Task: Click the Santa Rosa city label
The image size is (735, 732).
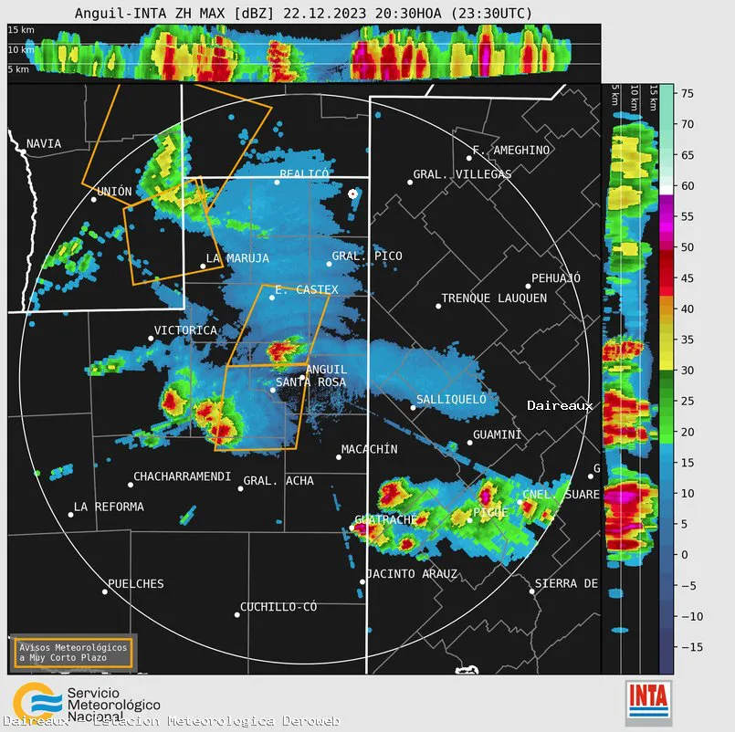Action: click(x=310, y=382)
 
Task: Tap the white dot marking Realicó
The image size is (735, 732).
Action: click(x=278, y=182)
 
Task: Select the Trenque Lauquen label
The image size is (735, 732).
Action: click(x=494, y=298)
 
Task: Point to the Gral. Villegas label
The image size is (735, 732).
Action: click(x=462, y=174)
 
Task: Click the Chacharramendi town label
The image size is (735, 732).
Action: click(x=182, y=476)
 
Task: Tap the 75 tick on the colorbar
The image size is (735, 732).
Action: click(x=688, y=93)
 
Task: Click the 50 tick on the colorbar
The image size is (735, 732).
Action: click(x=688, y=247)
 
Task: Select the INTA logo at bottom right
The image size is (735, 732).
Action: click(x=649, y=703)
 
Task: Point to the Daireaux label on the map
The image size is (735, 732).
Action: click(x=560, y=405)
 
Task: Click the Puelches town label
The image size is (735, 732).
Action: click(x=136, y=584)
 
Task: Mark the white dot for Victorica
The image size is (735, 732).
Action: click(x=152, y=339)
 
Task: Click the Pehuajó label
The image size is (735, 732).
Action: click(x=556, y=278)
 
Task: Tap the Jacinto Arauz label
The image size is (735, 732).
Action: click(x=413, y=574)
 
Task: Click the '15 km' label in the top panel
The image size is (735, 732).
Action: click(x=21, y=30)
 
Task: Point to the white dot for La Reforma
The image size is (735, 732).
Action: click(x=70, y=515)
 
